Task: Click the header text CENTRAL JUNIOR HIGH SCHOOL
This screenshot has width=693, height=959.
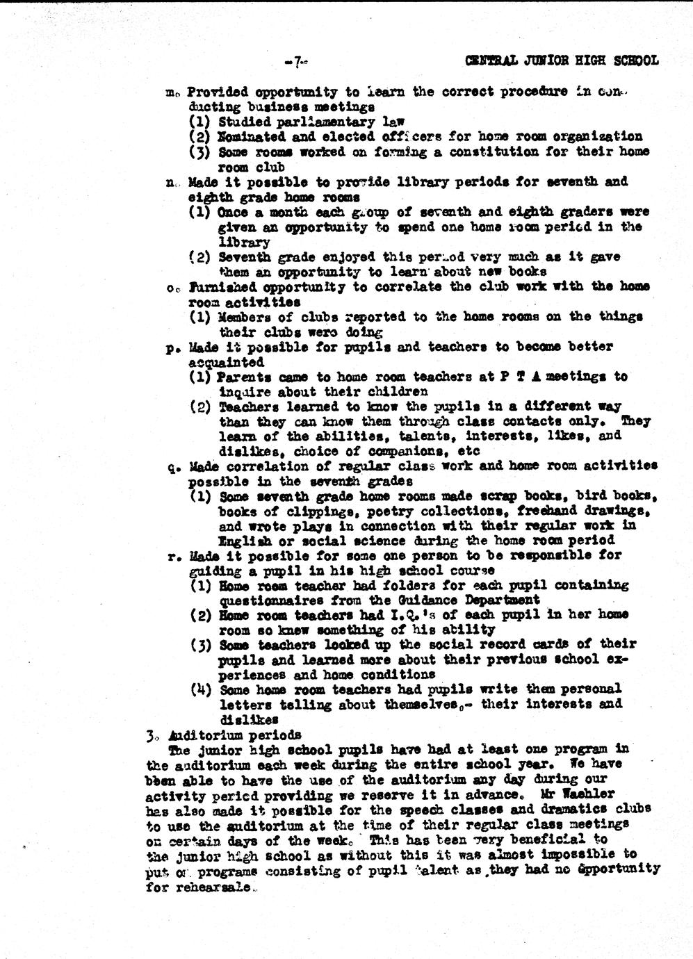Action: (562, 60)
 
